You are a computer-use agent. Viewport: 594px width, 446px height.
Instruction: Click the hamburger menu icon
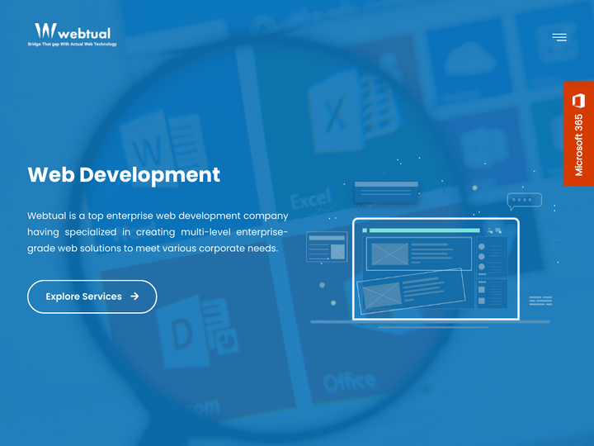coord(559,37)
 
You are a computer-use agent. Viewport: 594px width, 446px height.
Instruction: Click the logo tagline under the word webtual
coord(73,44)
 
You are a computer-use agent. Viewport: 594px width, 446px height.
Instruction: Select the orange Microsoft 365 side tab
coord(578,133)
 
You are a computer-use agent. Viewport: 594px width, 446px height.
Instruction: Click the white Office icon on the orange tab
coord(578,101)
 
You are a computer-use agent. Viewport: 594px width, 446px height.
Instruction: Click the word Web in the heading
coord(51,174)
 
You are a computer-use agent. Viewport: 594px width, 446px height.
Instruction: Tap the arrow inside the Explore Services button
coord(134,297)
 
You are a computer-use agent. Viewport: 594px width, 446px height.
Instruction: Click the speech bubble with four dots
coord(524,200)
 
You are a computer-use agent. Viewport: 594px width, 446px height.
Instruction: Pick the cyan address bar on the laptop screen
coord(424,230)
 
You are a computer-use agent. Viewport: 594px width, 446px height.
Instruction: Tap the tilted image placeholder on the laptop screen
coord(381,293)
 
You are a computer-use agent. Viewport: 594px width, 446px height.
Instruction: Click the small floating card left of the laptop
coord(327,247)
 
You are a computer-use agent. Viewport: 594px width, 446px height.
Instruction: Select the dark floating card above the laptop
coord(386,192)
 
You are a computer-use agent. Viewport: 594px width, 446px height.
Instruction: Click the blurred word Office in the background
coord(350,382)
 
